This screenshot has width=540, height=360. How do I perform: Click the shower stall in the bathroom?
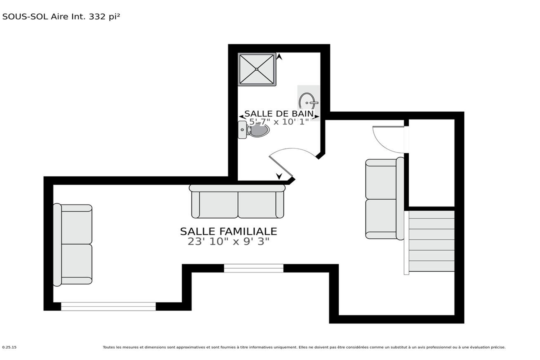click(257, 69)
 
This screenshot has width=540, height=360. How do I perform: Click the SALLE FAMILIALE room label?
click(228, 231)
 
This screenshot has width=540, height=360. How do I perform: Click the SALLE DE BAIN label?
click(279, 114)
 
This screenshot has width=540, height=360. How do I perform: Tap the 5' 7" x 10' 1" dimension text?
click(279, 122)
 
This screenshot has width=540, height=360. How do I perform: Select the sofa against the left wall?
click(73, 245)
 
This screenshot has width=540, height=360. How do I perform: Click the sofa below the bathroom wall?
click(237, 201)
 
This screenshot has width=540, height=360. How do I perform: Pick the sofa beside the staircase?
click(385, 199)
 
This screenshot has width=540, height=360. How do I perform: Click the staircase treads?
click(431, 241)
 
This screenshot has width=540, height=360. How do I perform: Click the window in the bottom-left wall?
click(108, 306)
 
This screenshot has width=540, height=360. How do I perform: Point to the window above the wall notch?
click(254, 268)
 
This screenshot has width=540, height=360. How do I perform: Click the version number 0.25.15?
click(9, 347)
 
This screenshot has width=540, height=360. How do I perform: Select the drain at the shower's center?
click(257, 69)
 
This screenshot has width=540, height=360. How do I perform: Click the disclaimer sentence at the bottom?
click(304, 347)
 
